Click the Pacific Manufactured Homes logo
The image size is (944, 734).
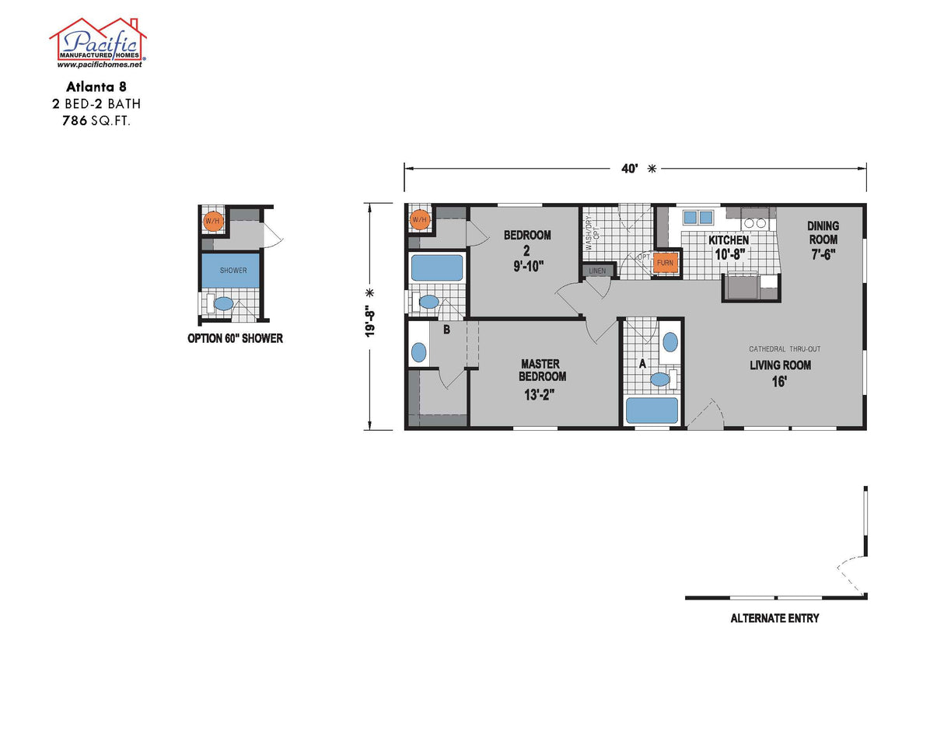[x=98, y=40]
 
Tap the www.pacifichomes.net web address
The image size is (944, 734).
[x=98, y=65]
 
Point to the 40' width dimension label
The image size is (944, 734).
[x=629, y=168]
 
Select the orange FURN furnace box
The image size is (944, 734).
[x=665, y=263]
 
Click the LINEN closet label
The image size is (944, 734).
[x=597, y=271]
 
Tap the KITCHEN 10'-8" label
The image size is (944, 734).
[x=728, y=246]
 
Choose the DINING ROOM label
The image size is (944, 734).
[x=823, y=240]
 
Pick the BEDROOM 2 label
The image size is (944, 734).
[x=526, y=250]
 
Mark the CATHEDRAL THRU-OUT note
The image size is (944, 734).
[x=785, y=349]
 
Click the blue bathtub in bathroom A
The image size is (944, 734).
[x=652, y=411]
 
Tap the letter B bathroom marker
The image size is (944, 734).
[x=446, y=330]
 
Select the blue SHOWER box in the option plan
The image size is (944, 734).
[x=233, y=271]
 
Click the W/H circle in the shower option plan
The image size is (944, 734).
[x=212, y=222]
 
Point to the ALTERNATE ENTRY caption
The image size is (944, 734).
[x=774, y=619]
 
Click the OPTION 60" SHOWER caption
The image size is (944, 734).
[x=235, y=338]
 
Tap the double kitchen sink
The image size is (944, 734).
[x=699, y=218]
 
